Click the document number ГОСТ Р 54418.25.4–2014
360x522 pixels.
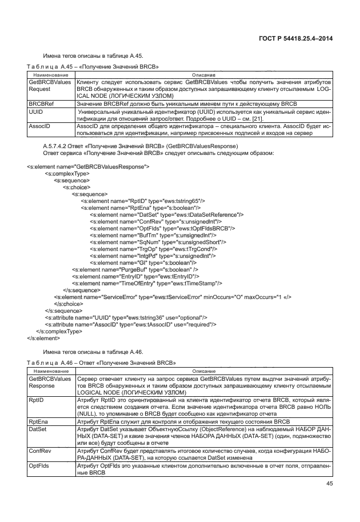click(x=292, y=38)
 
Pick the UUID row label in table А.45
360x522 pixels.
click(x=36, y=111)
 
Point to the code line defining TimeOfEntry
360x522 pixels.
click(x=147, y=283)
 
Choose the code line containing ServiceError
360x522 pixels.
click(x=173, y=297)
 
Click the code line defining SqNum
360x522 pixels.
click(x=150, y=242)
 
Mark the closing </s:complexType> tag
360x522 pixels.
click(x=59, y=331)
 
